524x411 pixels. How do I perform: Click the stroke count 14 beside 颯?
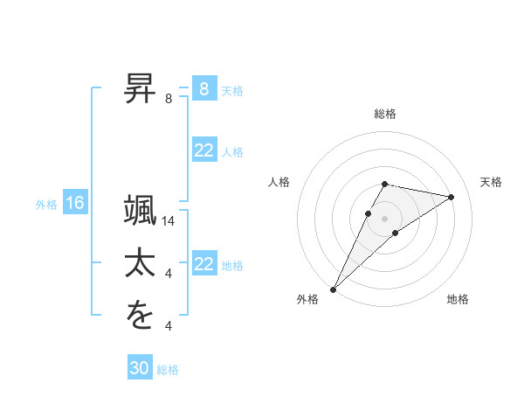[169, 221]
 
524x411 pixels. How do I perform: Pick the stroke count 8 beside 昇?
[169, 99]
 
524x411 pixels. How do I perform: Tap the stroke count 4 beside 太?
[169, 274]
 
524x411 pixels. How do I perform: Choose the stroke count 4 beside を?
[169, 326]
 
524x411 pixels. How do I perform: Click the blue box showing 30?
[140, 368]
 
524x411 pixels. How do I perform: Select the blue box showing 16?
[75, 204]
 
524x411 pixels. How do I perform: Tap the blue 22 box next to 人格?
[203, 151]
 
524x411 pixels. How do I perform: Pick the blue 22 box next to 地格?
[203, 265]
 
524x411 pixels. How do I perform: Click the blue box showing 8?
[203, 89]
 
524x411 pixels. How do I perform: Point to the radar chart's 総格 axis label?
[385, 114]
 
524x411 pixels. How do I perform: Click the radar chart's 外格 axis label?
[307, 300]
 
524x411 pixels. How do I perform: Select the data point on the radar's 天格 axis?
[452, 197]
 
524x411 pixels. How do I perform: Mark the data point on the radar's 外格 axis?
[333, 289]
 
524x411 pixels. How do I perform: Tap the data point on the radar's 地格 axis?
[396, 233]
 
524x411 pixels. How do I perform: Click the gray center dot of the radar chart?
[385, 219]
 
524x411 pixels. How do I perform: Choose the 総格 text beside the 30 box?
[169, 370]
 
